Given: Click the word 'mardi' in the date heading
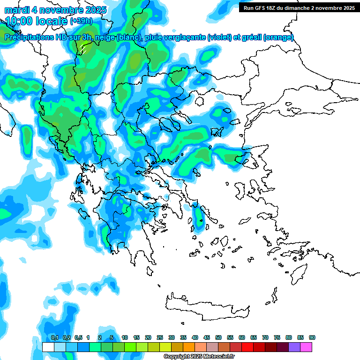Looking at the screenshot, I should pos(16,10).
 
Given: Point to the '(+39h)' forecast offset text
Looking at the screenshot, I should pos(81,21).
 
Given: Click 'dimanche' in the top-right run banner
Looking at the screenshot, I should pos(304,8).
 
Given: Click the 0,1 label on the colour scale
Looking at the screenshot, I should pos(54,337).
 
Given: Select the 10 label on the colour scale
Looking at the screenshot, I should pos(125,337).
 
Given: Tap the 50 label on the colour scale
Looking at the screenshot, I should pos(218,337).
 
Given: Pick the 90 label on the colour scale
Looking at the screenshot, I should pos(312,337).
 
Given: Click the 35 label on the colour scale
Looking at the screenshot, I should pos(183,337).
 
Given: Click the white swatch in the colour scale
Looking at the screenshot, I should pos(48,347).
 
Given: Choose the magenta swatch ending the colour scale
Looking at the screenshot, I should pos(306,347).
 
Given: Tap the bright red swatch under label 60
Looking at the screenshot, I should pos(247,347).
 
